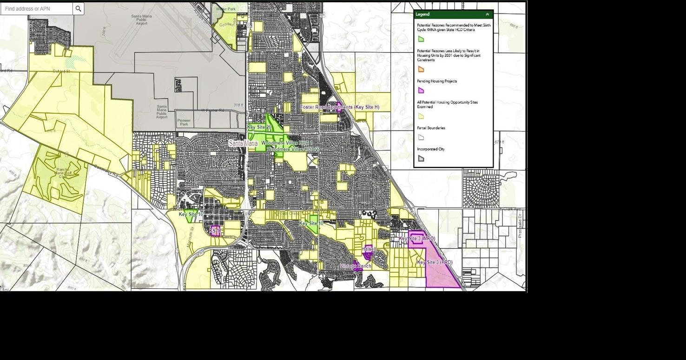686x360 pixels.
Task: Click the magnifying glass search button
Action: (78, 9)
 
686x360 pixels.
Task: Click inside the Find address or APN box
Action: (36, 9)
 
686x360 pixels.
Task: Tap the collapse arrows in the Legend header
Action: (487, 14)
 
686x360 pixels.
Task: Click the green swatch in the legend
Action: (421, 39)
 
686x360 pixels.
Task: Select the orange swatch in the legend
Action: (421, 69)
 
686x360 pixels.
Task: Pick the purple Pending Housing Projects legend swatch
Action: (421, 91)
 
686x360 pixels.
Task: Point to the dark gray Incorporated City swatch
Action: (421, 158)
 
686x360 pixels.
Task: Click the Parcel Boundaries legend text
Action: (431, 128)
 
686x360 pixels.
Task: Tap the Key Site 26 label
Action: (259, 127)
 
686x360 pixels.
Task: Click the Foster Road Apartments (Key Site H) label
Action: (340, 107)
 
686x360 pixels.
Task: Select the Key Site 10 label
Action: (311, 223)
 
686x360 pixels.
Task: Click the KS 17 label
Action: (215, 231)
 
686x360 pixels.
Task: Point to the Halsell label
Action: (369, 249)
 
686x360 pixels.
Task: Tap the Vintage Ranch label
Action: (356, 266)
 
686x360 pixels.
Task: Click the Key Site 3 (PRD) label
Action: (435, 262)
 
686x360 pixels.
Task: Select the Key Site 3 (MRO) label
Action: (417, 239)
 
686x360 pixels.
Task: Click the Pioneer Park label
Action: (184, 123)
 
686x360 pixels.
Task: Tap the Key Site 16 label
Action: (191, 214)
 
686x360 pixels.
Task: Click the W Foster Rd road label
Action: (212, 111)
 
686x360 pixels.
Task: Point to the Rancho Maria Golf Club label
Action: (63, 173)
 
